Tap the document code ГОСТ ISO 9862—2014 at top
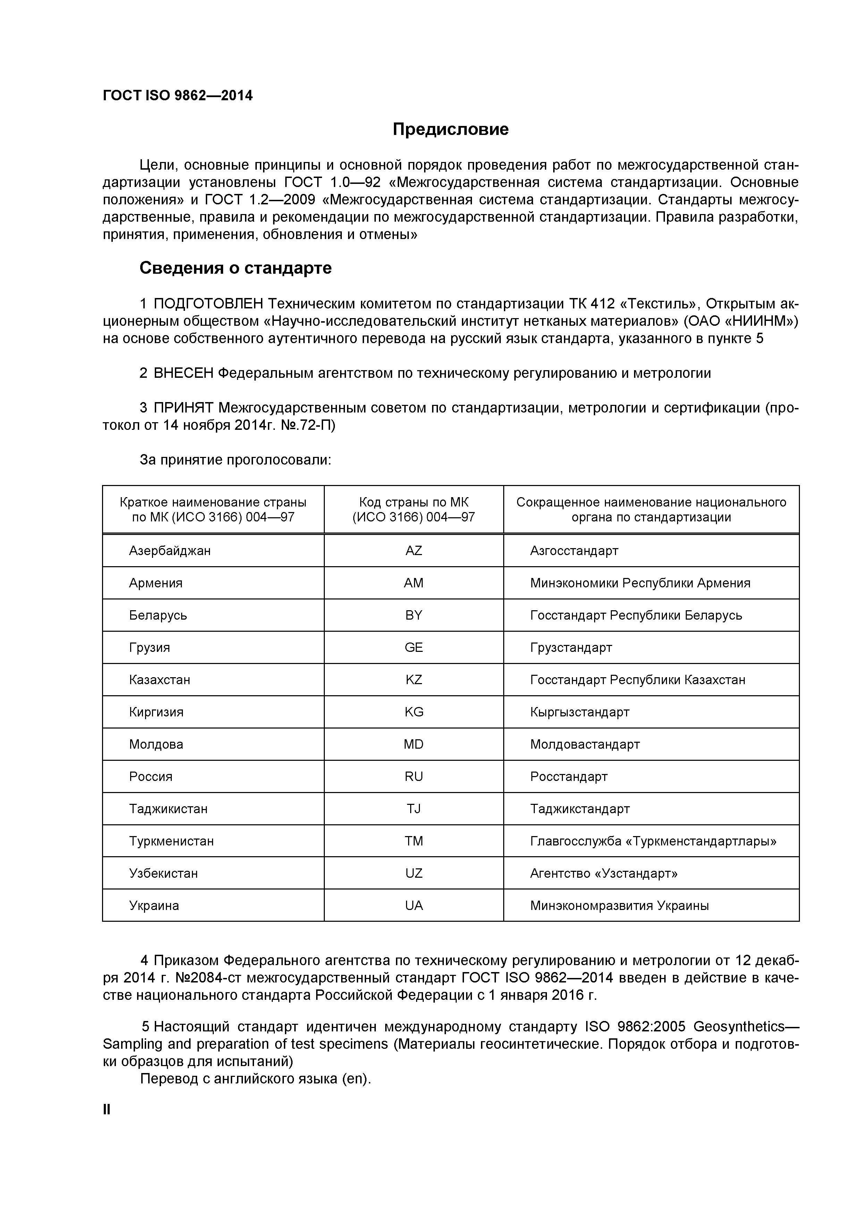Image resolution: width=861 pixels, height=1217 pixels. tap(178, 96)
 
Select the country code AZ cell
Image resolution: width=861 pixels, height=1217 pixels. tap(414, 551)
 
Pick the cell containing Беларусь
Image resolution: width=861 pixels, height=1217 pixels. tap(158, 615)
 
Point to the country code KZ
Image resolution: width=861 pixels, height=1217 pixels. tap(414, 680)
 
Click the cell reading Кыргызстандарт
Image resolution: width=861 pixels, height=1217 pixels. tap(580, 712)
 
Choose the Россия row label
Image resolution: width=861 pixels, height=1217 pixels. tap(151, 776)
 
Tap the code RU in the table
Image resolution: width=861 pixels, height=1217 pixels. tap(414, 776)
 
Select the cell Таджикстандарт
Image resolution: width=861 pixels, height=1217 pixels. tap(580, 809)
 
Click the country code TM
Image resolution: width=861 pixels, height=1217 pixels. tap(414, 841)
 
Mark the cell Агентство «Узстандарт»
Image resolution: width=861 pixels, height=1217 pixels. tap(603, 874)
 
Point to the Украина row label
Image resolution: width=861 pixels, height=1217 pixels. tap(154, 906)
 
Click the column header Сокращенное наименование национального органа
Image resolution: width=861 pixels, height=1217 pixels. tap(651, 509)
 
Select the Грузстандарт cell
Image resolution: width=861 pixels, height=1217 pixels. tap(571, 648)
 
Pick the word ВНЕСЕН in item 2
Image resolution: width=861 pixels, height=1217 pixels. tap(183, 373)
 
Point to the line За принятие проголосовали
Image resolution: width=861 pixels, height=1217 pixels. tap(235, 460)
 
